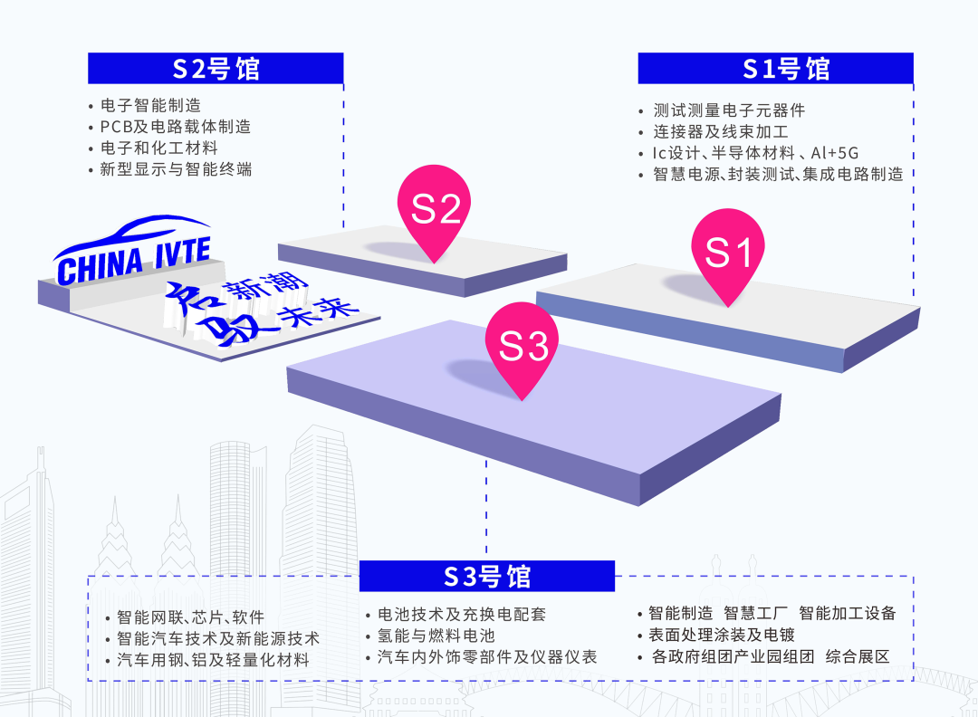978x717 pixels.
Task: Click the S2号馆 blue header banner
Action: pyautogui.click(x=216, y=68)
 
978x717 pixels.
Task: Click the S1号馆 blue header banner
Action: pyautogui.click(x=775, y=68)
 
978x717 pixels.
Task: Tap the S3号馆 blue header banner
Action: pyautogui.click(x=486, y=576)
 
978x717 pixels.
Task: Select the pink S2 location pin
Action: pyautogui.click(x=436, y=211)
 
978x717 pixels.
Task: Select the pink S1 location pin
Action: pyautogui.click(x=728, y=253)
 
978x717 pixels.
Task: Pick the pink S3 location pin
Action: pyautogui.click(x=523, y=347)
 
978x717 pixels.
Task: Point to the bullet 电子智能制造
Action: pyautogui.click(x=150, y=106)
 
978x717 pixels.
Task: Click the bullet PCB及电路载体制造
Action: pyautogui.click(x=175, y=127)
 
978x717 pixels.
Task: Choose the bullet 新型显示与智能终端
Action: pyautogui.click(x=176, y=168)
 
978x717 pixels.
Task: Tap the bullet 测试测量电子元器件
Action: pyautogui.click(x=729, y=110)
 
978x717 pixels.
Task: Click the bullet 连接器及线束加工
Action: pyautogui.click(x=721, y=132)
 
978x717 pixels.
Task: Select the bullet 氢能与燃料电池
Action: pyautogui.click(x=436, y=636)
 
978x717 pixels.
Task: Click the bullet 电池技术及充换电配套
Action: pyautogui.click(x=462, y=615)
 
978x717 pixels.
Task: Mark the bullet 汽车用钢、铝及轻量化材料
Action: pyautogui.click(x=214, y=660)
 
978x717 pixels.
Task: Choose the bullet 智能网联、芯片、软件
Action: pyautogui.click(x=191, y=617)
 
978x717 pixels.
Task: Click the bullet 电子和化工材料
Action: pyautogui.click(x=158, y=148)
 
